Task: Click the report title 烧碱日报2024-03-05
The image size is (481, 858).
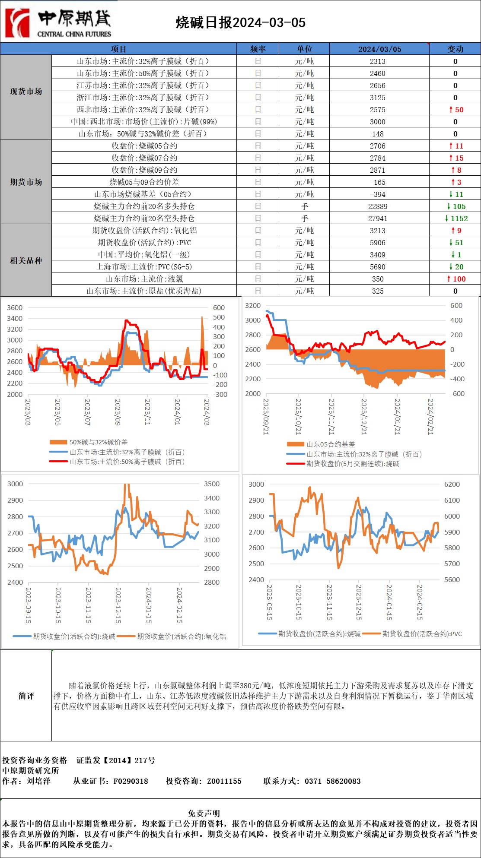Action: pyautogui.click(x=240, y=22)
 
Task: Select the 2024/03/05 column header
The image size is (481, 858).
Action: pyautogui.click(x=379, y=49)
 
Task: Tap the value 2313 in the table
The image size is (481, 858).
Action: pyautogui.click(x=377, y=61)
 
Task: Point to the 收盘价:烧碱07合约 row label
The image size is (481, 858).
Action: pyautogui.click(x=144, y=158)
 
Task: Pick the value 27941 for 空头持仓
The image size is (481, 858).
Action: pyautogui.click(x=377, y=218)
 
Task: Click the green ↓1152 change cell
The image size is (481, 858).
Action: pyautogui.click(x=456, y=218)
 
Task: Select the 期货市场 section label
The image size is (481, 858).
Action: pyautogui.click(x=26, y=182)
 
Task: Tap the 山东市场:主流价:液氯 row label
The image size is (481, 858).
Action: pyautogui.click(x=144, y=279)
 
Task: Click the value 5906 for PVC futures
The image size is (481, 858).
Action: pyautogui.click(x=377, y=243)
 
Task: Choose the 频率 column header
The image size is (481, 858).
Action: pyautogui.click(x=258, y=49)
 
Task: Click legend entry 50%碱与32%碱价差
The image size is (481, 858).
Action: pyautogui.click(x=98, y=442)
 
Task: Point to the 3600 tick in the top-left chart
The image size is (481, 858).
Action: pyautogui.click(x=15, y=307)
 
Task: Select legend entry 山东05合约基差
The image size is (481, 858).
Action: pyautogui.click(x=330, y=444)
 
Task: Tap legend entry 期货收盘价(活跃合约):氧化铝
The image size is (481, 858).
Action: pyautogui.click(x=181, y=636)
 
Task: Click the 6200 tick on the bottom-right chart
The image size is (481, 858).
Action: pyautogui.click(x=452, y=484)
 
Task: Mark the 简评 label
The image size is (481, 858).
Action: pyautogui.click(x=26, y=696)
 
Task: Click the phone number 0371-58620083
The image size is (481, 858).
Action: pyautogui.click(x=332, y=781)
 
